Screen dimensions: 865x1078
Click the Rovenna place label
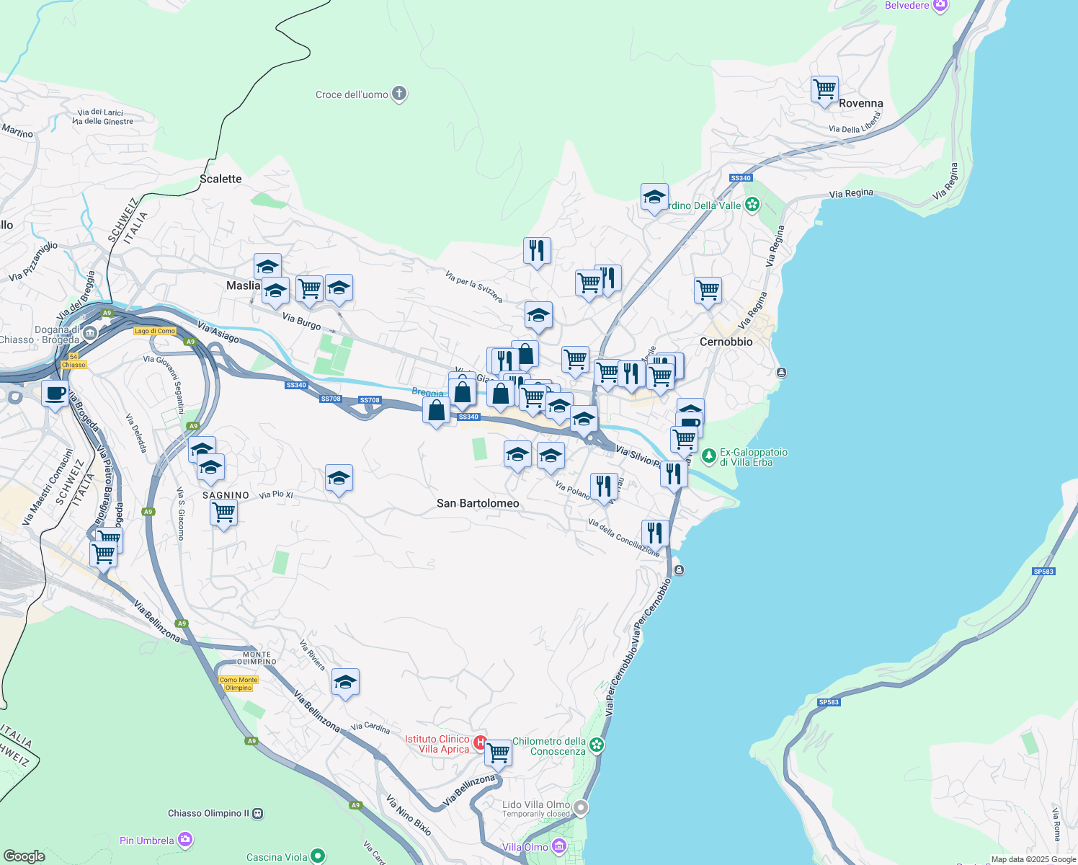pyautogui.click(x=860, y=103)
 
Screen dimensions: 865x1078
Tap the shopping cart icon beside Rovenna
pyautogui.click(x=824, y=90)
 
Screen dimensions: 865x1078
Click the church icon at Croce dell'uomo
pyautogui.click(x=399, y=94)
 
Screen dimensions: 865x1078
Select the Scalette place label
pyautogui.click(x=220, y=179)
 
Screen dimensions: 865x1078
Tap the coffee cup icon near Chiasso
pyautogui.click(x=55, y=394)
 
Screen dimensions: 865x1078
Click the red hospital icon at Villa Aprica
pyautogui.click(x=480, y=742)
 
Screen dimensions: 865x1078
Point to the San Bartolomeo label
pyautogui.click(x=478, y=503)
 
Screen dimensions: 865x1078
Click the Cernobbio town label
pyautogui.click(x=726, y=342)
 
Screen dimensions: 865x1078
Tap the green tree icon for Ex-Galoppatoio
pyautogui.click(x=709, y=456)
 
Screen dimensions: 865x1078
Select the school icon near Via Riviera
pyautogui.click(x=345, y=682)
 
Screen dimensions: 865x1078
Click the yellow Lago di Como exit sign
pyautogui.click(x=155, y=331)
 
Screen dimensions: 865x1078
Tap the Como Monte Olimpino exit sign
pyautogui.click(x=239, y=683)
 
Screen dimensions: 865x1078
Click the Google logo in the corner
pyautogui.click(x=24, y=856)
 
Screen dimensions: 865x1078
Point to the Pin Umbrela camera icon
pyautogui.click(x=185, y=840)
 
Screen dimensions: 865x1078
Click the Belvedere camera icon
pyautogui.click(x=940, y=6)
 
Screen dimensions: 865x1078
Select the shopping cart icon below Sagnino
pyautogui.click(x=224, y=513)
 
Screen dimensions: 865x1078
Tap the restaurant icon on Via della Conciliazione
pyautogui.click(x=654, y=533)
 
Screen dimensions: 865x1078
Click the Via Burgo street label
pyautogui.click(x=301, y=321)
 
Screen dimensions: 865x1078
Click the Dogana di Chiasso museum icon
pyautogui.click(x=90, y=332)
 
